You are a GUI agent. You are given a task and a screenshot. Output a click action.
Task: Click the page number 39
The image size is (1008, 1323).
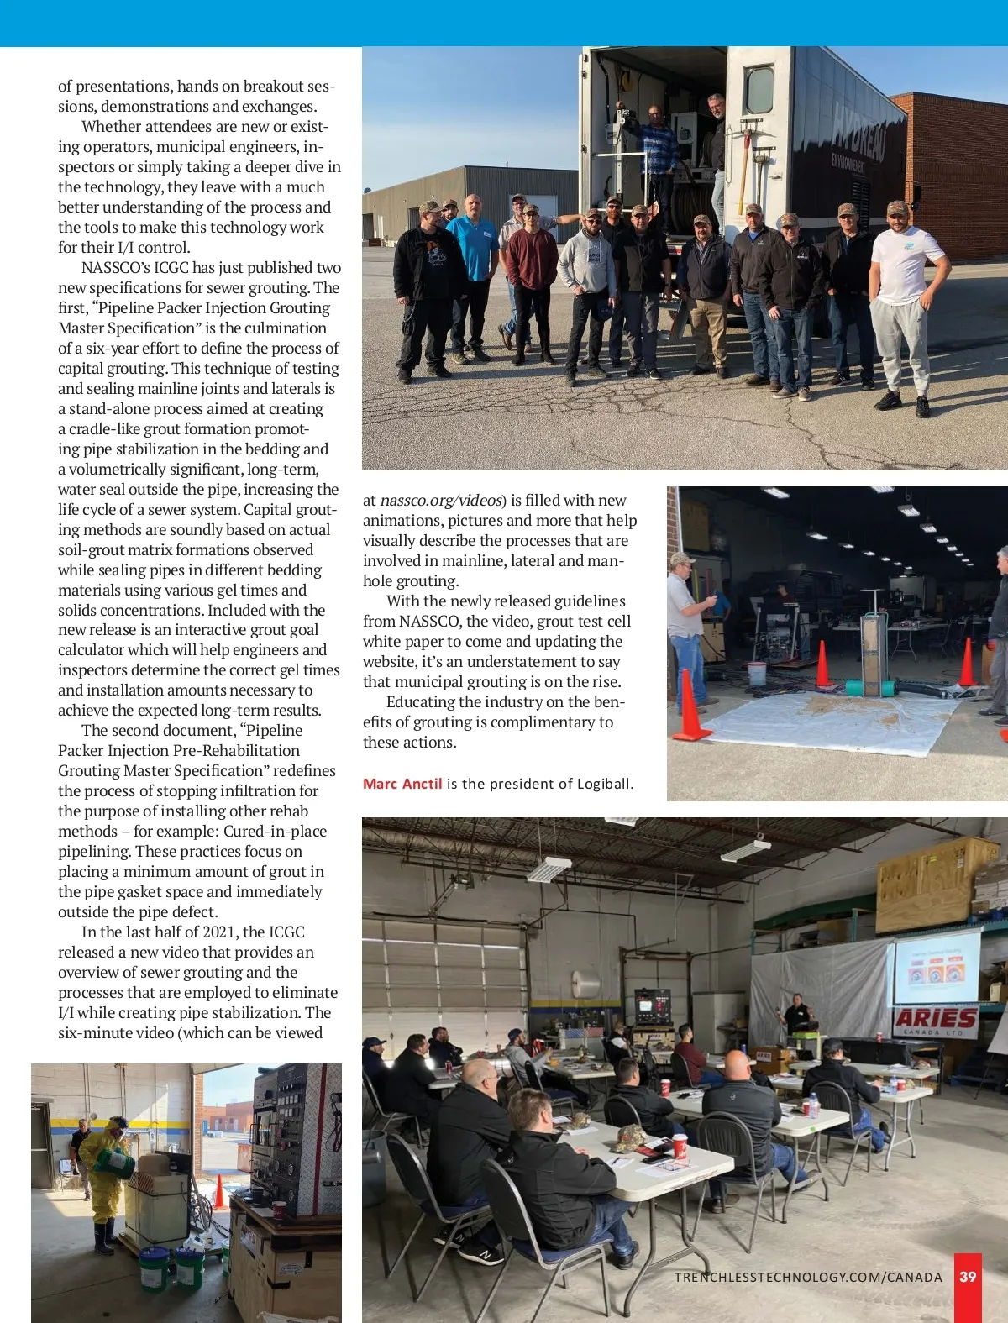pos(968,1277)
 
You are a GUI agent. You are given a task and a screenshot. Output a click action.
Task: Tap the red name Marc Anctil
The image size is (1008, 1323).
pos(402,784)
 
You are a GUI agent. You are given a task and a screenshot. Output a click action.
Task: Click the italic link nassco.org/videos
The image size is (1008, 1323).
pos(441,501)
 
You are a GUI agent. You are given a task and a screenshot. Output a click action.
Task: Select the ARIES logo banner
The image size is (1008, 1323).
pos(936,1021)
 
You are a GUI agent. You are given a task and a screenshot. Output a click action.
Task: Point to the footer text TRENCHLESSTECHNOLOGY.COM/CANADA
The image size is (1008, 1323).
pos(808,1277)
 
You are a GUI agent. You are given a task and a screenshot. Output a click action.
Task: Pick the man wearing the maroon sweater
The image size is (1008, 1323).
pos(530,277)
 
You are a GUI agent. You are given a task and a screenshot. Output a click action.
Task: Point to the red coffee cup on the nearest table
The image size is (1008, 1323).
pos(680,1145)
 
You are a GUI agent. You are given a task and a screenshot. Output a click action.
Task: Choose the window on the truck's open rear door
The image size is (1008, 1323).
pos(759,88)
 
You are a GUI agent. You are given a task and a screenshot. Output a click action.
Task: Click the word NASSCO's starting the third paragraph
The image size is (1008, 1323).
pos(116,268)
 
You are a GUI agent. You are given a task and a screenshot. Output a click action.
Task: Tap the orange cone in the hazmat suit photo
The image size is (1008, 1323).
pos(219,1191)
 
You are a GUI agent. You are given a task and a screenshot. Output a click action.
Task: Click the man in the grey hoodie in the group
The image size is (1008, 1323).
pos(587,286)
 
